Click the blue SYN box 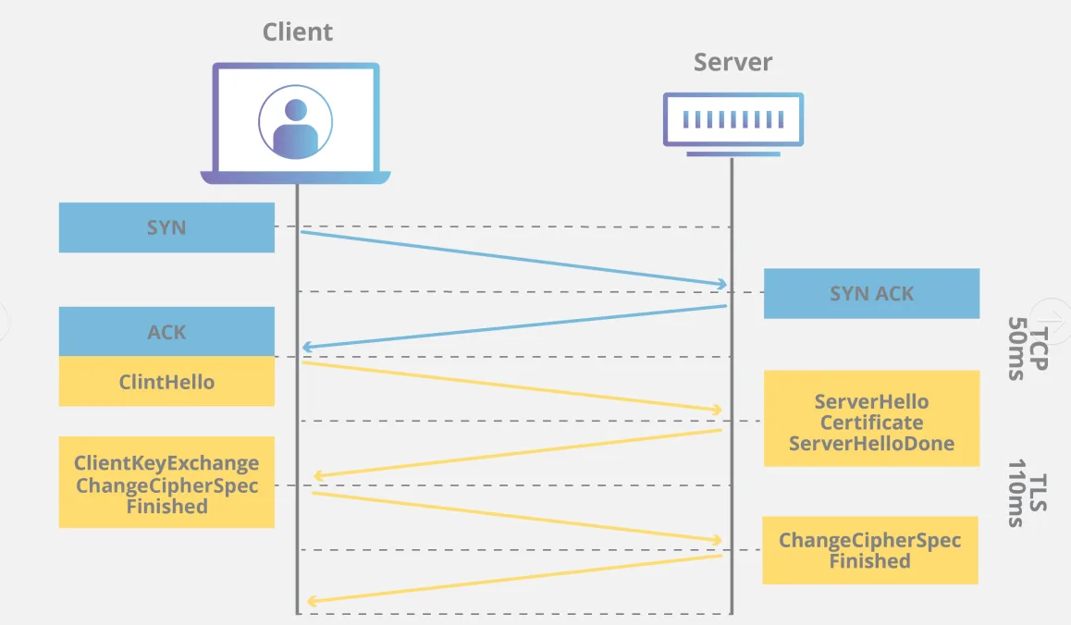(166, 227)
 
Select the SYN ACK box (871, 294)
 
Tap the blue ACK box (166, 331)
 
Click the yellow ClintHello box (166, 381)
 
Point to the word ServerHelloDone (871, 443)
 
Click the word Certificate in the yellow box (871, 423)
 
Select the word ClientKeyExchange (166, 463)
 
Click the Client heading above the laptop (298, 32)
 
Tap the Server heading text (732, 62)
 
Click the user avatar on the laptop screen (296, 122)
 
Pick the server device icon (732, 124)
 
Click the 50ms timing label (1017, 349)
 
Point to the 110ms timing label (1017, 493)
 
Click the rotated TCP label (1039, 349)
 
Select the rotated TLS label (1039, 493)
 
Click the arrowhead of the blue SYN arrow (722, 283)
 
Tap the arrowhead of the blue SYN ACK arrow (308, 347)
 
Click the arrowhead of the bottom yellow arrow (313, 601)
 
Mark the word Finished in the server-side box (870, 561)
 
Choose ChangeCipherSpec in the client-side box (166, 485)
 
